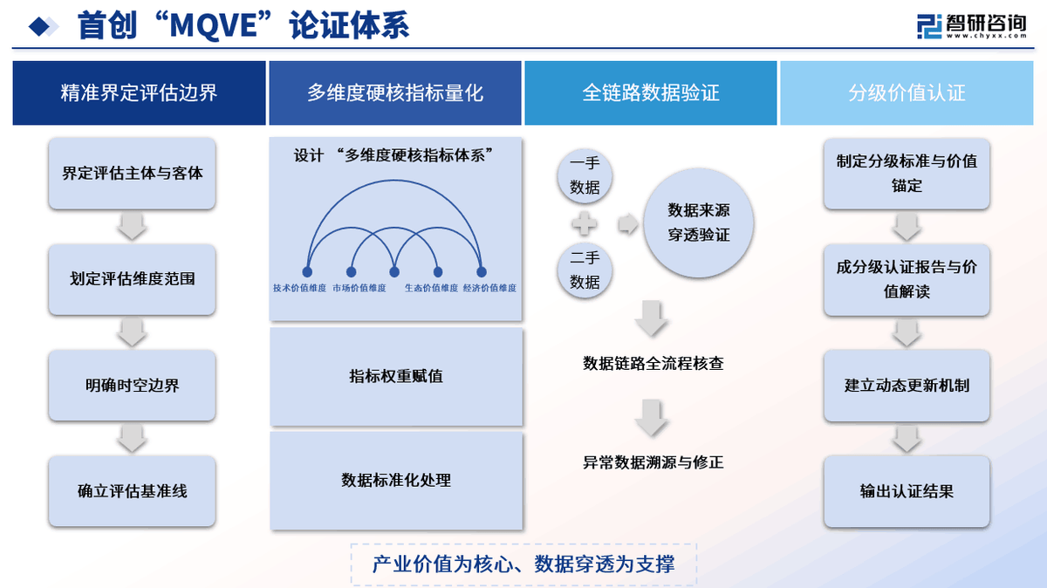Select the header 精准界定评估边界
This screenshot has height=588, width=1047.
coord(139,93)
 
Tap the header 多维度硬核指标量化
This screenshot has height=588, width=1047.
coord(395,93)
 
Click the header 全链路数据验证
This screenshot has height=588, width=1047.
coord(650,93)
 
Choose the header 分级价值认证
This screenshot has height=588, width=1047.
coord(907,93)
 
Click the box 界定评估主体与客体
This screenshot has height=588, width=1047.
coord(132,173)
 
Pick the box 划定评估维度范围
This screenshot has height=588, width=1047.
coord(132,279)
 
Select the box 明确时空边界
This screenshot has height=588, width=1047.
coord(132,385)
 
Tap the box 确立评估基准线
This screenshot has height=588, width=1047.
coord(132,491)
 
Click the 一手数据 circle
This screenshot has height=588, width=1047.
coord(585,175)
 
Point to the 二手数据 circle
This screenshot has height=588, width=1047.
coord(585,270)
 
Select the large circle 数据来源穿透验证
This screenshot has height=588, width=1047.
coord(698,223)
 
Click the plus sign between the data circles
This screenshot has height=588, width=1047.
coord(585,224)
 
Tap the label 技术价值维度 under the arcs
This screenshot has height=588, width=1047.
coord(299,288)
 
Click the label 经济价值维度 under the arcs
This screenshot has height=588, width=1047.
coord(489,288)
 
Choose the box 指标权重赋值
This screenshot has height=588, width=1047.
coord(395,377)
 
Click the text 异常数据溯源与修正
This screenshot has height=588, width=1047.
coord(653,462)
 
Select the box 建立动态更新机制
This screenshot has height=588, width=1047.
coord(907,385)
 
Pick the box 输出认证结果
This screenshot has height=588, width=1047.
coord(907,491)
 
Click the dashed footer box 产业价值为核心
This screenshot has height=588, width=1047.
coord(523,564)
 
